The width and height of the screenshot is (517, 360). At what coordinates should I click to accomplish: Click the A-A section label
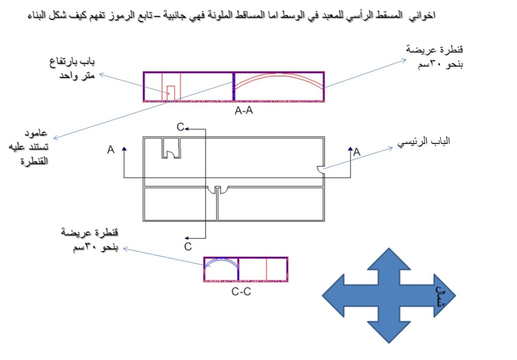coord(244,110)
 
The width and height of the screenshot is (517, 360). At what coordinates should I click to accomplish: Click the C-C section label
coord(241,292)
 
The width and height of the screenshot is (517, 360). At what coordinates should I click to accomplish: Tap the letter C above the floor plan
coord(180,127)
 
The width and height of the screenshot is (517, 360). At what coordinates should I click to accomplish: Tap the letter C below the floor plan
coord(188,247)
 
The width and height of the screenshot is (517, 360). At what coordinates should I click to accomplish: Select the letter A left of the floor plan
coord(111,150)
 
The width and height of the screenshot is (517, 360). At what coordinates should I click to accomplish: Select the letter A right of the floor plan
coord(357,152)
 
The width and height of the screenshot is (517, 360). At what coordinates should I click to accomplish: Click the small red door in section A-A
coord(170,93)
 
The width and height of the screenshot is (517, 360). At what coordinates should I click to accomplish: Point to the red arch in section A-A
coord(279,81)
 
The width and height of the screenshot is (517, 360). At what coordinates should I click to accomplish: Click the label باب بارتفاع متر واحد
coord(72,68)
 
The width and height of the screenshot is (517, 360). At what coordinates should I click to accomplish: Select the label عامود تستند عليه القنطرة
coord(28,147)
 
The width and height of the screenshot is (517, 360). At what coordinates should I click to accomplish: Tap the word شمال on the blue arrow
coord(440,296)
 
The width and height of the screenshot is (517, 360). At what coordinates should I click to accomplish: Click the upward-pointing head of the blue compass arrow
coord(389,260)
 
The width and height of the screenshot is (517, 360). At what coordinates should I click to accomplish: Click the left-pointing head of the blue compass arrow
coord(334,296)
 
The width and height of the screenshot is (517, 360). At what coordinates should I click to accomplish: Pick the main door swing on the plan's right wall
coord(320,169)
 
